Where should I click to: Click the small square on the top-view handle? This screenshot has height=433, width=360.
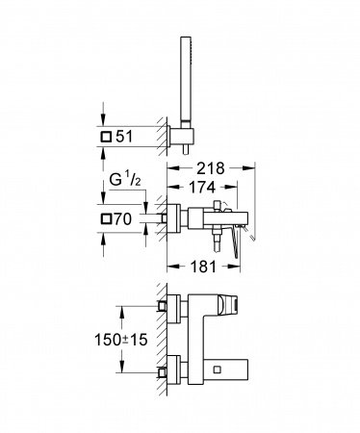pos(226,307)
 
